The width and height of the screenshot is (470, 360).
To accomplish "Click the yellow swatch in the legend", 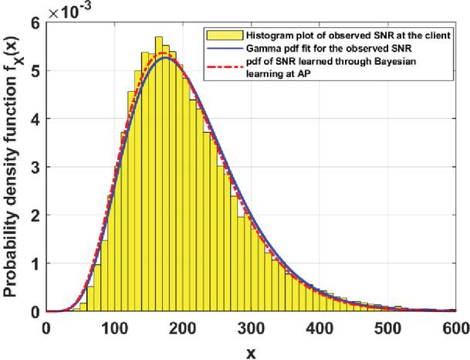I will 218,35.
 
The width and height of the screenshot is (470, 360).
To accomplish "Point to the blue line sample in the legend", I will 218,48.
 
